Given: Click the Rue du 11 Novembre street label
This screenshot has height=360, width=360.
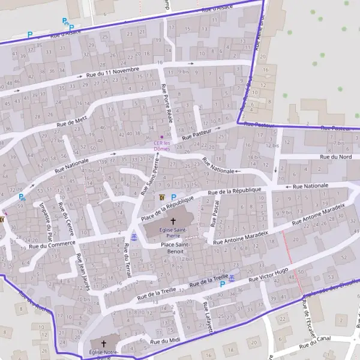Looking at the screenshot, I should [113, 72].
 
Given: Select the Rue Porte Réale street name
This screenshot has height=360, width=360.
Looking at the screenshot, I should [167, 104].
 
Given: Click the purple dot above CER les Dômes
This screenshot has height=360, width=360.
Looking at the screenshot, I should [161, 137].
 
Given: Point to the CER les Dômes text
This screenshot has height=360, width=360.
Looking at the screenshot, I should [162, 145].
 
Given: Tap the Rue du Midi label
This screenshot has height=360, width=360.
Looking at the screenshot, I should [165, 341].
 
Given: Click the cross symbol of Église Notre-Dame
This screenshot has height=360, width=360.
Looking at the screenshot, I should [103, 344].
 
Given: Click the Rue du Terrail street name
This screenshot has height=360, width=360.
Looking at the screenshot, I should [127, 262].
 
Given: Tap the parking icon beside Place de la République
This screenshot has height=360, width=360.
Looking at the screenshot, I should [174, 197].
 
